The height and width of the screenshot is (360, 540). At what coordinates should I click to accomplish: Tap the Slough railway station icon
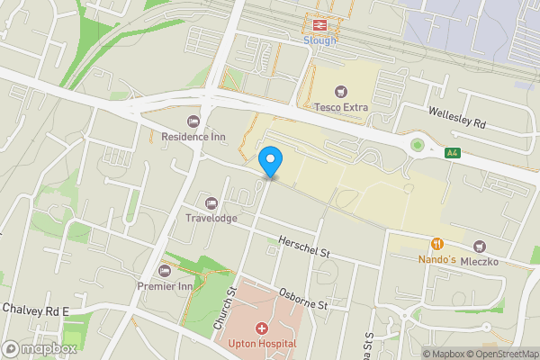[x=319, y=24]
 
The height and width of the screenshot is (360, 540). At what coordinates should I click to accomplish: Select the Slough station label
[x=319, y=40]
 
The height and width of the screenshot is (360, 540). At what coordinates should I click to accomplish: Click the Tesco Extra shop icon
[x=341, y=91]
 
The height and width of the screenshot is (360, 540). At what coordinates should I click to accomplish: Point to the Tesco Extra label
[x=341, y=107]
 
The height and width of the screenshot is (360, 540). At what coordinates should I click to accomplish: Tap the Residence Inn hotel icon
[x=193, y=121]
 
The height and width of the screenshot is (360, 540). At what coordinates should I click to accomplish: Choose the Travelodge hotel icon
[x=212, y=202]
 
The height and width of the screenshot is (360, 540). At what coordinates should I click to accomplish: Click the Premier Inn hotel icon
[x=165, y=271]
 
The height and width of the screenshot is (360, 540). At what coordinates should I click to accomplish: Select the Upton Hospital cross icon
[x=262, y=329]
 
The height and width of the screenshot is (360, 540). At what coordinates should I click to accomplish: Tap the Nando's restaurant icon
[x=437, y=244]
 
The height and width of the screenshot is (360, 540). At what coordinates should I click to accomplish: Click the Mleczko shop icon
[x=480, y=246]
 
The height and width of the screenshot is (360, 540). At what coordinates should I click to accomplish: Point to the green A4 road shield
[x=454, y=154]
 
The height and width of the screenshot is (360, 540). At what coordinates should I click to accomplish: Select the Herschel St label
[x=304, y=247]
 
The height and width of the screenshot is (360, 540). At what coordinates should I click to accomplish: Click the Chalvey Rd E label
[x=35, y=310]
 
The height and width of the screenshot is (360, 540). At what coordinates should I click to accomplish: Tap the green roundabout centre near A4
[x=416, y=144]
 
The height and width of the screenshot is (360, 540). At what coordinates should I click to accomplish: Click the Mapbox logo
[x=38, y=348]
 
